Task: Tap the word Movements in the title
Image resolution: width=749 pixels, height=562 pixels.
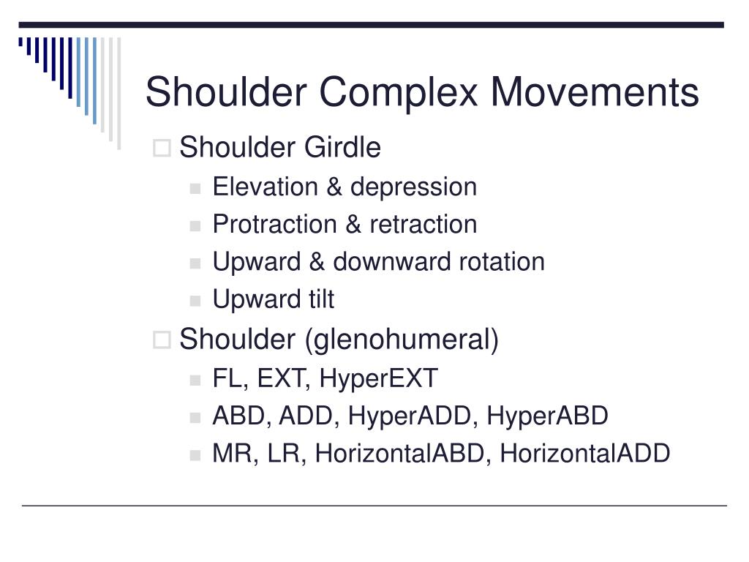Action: (x=595, y=94)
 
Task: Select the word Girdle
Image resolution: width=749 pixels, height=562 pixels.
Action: (x=342, y=148)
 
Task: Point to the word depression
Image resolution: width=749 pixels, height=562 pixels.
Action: (x=413, y=187)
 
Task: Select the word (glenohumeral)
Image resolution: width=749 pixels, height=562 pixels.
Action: (x=402, y=340)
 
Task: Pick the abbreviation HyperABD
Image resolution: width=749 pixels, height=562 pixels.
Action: (x=548, y=416)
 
